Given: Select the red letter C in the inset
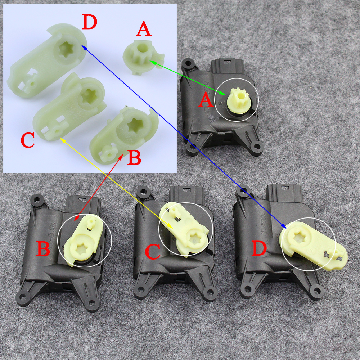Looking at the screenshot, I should (28, 141).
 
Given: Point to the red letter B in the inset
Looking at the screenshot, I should (134, 158).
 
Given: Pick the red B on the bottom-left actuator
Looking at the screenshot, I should (43, 248).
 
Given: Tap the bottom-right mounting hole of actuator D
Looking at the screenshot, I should (317, 288).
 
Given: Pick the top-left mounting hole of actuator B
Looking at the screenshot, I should (36, 199).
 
